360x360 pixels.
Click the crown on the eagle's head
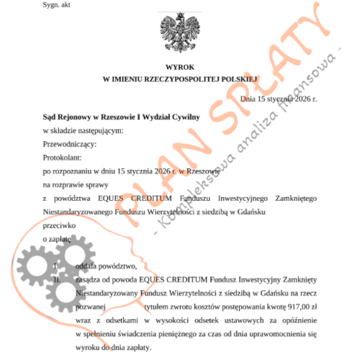point(179,12)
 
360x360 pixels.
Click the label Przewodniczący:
point(70,143)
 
